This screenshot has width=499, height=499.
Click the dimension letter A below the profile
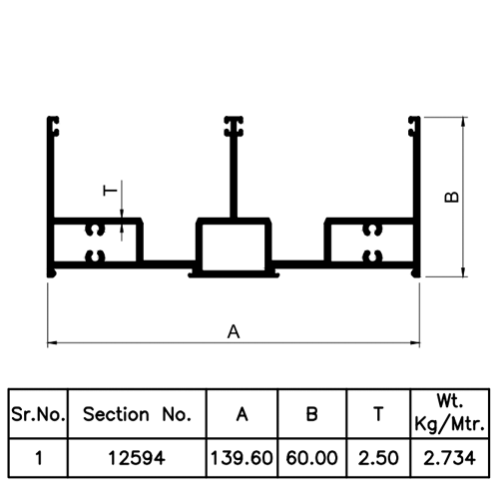tap(234, 332)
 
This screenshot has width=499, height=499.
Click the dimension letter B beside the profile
tap(452, 197)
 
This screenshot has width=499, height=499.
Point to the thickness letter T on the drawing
tap(111, 191)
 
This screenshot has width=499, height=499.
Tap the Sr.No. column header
tap(38, 414)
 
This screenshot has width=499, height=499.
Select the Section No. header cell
tap(137, 414)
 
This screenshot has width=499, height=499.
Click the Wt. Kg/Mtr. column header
tap(450, 412)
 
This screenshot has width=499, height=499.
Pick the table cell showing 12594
tap(137, 458)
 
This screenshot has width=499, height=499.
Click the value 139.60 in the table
tap(242, 458)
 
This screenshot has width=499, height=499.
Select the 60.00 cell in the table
tap(311, 458)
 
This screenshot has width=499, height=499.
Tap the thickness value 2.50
tap(378, 458)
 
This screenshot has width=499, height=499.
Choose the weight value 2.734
tap(449, 458)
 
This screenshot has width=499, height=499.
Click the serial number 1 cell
tap(39, 458)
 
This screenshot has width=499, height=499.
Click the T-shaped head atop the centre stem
tap(234, 127)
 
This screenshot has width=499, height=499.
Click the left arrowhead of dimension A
tap(53, 342)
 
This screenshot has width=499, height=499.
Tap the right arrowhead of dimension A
tap(414, 342)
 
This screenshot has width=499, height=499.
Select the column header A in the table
tap(243, 414)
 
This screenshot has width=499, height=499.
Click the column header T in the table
tap(378, 414)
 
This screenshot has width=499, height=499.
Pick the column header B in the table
tap(311, 414)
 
